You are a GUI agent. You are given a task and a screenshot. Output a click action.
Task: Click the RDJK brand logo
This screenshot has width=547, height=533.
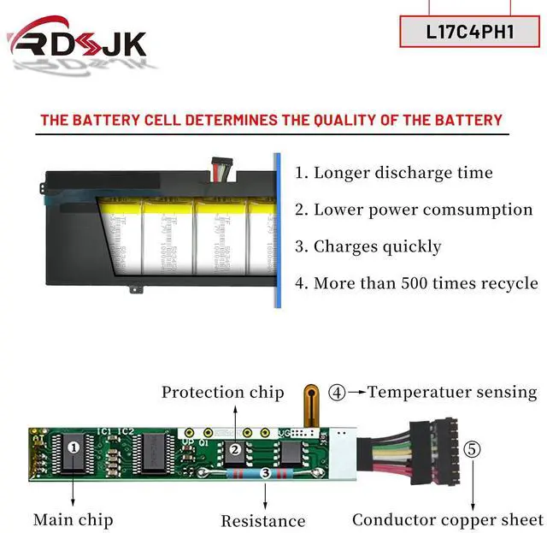(x=77, y=44)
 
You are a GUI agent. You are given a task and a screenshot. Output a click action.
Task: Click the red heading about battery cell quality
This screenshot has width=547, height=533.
(x=271, y=120)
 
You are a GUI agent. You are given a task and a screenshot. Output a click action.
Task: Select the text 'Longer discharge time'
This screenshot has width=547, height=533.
(x=394, y=173)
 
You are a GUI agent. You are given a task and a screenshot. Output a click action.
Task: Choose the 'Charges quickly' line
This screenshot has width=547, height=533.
(x=368, y=246)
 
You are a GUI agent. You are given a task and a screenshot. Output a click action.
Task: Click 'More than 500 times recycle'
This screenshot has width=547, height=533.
(x=417, y=283)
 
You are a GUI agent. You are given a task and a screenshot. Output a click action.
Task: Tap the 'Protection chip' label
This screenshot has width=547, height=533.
(x=222, y=393)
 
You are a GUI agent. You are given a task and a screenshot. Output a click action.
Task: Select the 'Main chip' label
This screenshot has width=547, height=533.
(x=73, y=519)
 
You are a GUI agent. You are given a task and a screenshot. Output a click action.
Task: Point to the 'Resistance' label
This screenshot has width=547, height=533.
(x=263, y=520)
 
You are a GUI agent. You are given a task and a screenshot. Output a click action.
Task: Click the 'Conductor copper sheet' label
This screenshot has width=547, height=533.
(x=447, y=519)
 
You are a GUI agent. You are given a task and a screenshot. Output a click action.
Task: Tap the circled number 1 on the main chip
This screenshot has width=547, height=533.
(x=74, y=446)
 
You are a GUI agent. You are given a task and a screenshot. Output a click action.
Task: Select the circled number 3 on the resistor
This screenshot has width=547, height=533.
(x=266, y=472)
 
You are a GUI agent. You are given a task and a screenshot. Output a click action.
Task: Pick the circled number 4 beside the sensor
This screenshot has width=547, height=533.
(x=338, y=394)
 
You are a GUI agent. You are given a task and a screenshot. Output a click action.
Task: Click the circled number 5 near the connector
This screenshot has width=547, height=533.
(x=473, y=448)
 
